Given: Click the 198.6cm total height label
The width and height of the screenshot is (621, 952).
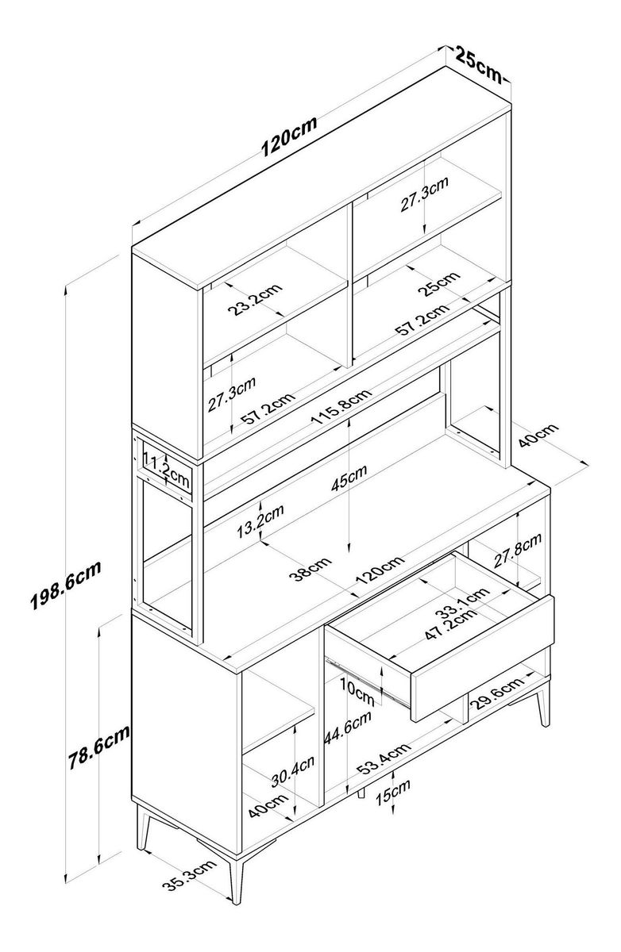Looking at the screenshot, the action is point(66,585).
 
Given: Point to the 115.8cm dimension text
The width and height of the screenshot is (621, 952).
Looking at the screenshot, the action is point(341,406).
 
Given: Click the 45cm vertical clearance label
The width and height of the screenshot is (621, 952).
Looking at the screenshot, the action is point(349,478).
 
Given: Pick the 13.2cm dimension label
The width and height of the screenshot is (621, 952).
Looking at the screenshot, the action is point(260,521).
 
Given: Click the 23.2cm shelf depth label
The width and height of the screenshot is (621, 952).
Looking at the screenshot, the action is point(255,299).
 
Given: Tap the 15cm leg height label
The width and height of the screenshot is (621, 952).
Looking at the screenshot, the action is point(392,793).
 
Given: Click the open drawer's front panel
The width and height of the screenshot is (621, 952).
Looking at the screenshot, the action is point(482,658).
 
